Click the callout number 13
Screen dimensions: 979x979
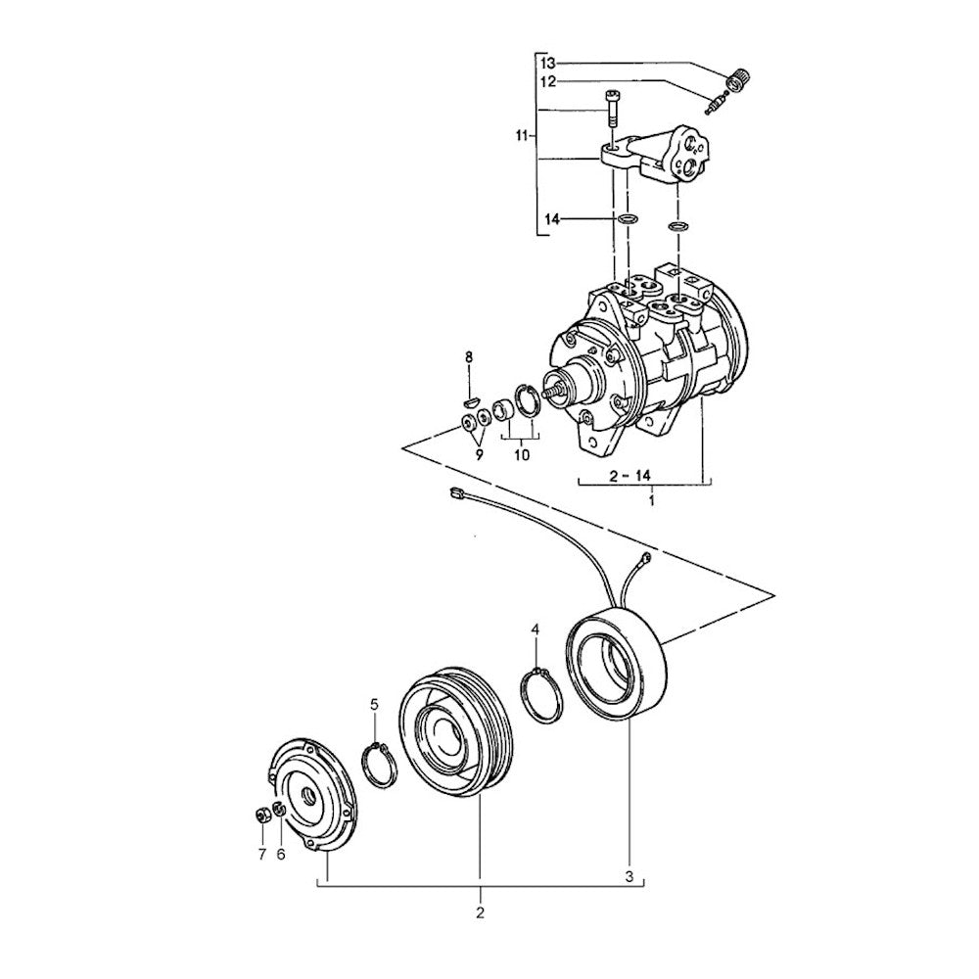[x=548, y=63]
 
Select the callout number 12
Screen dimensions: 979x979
[x=548, y=81]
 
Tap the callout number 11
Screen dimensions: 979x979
[x=523, y=135]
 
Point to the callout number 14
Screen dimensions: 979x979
[x=551, y=219]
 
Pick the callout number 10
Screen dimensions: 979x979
[x=522, y=454]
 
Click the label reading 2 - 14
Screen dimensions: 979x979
[x=629, y=476]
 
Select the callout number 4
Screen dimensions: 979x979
[x=536, y=629]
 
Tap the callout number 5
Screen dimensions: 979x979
[x=374, y=705]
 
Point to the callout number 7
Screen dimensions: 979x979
[x=262, y=854]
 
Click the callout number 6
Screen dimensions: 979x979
[x=281, y=854]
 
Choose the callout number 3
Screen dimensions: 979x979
[x=629, y=876]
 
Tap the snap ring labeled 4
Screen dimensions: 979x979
[x=541, y=695]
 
